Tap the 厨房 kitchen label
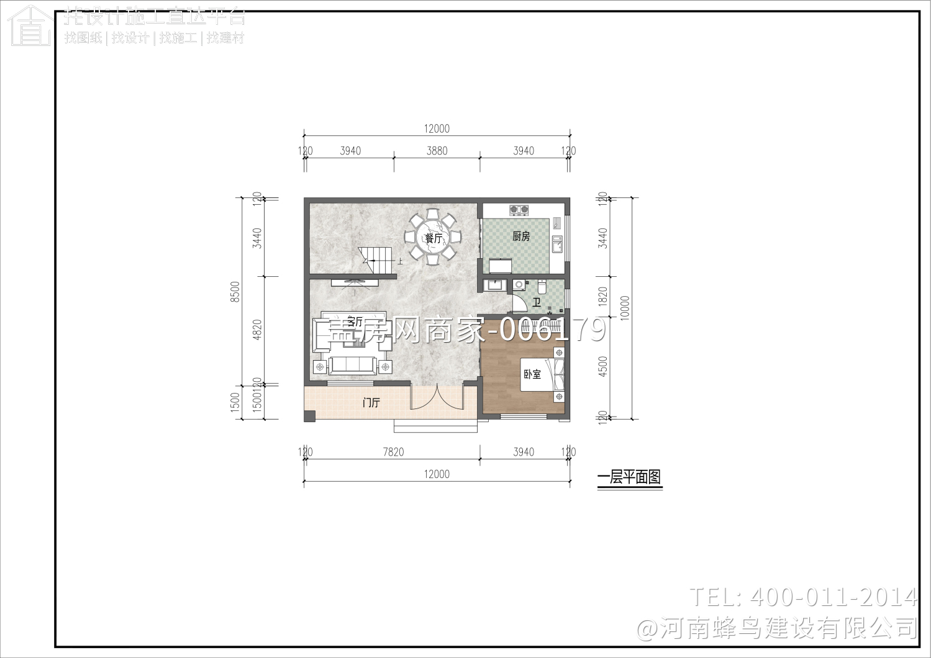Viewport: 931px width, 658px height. [x=521, y=236]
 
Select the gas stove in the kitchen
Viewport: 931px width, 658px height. [x=519, y=210]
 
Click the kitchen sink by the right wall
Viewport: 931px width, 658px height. [x=557, y=245]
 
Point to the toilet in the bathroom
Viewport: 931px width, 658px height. [x=542, y=287]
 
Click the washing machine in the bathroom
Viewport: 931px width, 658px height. [x=519, y=286]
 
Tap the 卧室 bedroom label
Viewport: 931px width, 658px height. [x=532, y=374]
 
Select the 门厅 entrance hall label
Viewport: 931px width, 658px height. [x=371, y=403]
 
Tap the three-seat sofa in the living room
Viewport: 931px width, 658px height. [x=353, y=366]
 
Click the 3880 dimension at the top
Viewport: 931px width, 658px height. [x=437, y=151]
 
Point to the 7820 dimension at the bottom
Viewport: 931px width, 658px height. [x=393, y=452]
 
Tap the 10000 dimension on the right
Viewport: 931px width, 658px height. [x=625, y=307]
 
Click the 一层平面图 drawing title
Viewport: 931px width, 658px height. [x=629, y=477]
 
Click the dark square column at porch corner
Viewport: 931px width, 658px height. [x=310, y=416]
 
